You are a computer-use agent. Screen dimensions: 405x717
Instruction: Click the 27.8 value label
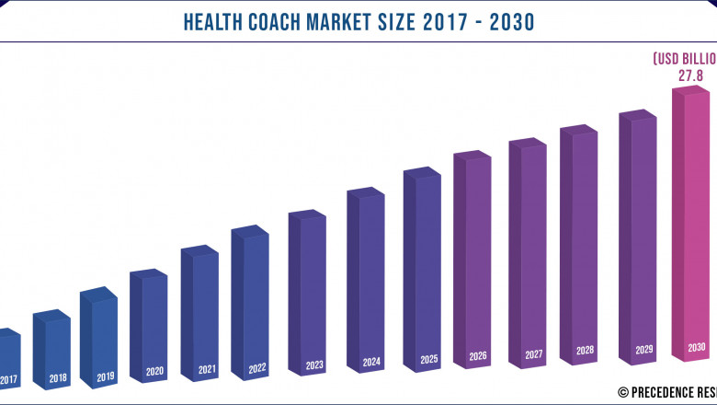point(691,75)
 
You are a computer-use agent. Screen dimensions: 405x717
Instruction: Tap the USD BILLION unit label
point(684,58)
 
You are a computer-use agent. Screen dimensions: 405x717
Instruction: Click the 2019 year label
point(105,376)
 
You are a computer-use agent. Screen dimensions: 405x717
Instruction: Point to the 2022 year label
point(256,368)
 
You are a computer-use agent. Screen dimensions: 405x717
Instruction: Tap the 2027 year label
point(533,353)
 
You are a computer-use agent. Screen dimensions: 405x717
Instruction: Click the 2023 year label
point(313,364)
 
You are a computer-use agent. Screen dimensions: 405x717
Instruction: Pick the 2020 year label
point(154,373)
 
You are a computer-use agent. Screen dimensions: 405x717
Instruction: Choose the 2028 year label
point(585,351)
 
